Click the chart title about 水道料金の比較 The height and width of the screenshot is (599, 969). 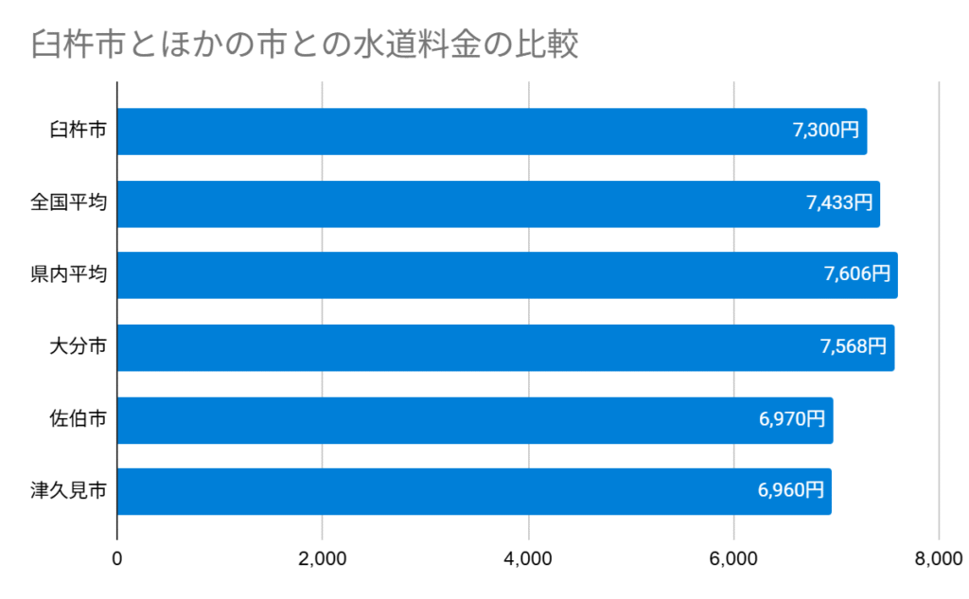pyautogui.click(x=304, y=44)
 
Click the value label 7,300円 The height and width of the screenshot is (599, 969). pyautogui.click(x=825, y=132)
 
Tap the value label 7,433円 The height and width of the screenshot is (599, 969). pyautogui.click(x=838, y=203)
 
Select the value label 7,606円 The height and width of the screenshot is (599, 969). pyautogui.click(x=856, y=275)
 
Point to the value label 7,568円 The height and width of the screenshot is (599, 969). pyautogui.click(x=853, y=347)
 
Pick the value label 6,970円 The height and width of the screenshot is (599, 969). pyautogui.click(x=792, y=419)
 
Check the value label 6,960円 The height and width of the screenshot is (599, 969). pyautogui.click(x=790, y=491)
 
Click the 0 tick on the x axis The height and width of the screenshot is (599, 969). pyautogui.click(x=117, y=559)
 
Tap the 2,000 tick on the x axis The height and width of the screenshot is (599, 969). pyautogui.click(x=323, y=559)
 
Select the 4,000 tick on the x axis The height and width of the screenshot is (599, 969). pyautogui.click(x=528, y=559)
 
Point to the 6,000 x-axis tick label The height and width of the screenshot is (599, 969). pyautogui.click(x=733, y=559)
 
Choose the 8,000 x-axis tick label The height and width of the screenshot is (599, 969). pyautogui.click(x=938, y=559)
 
